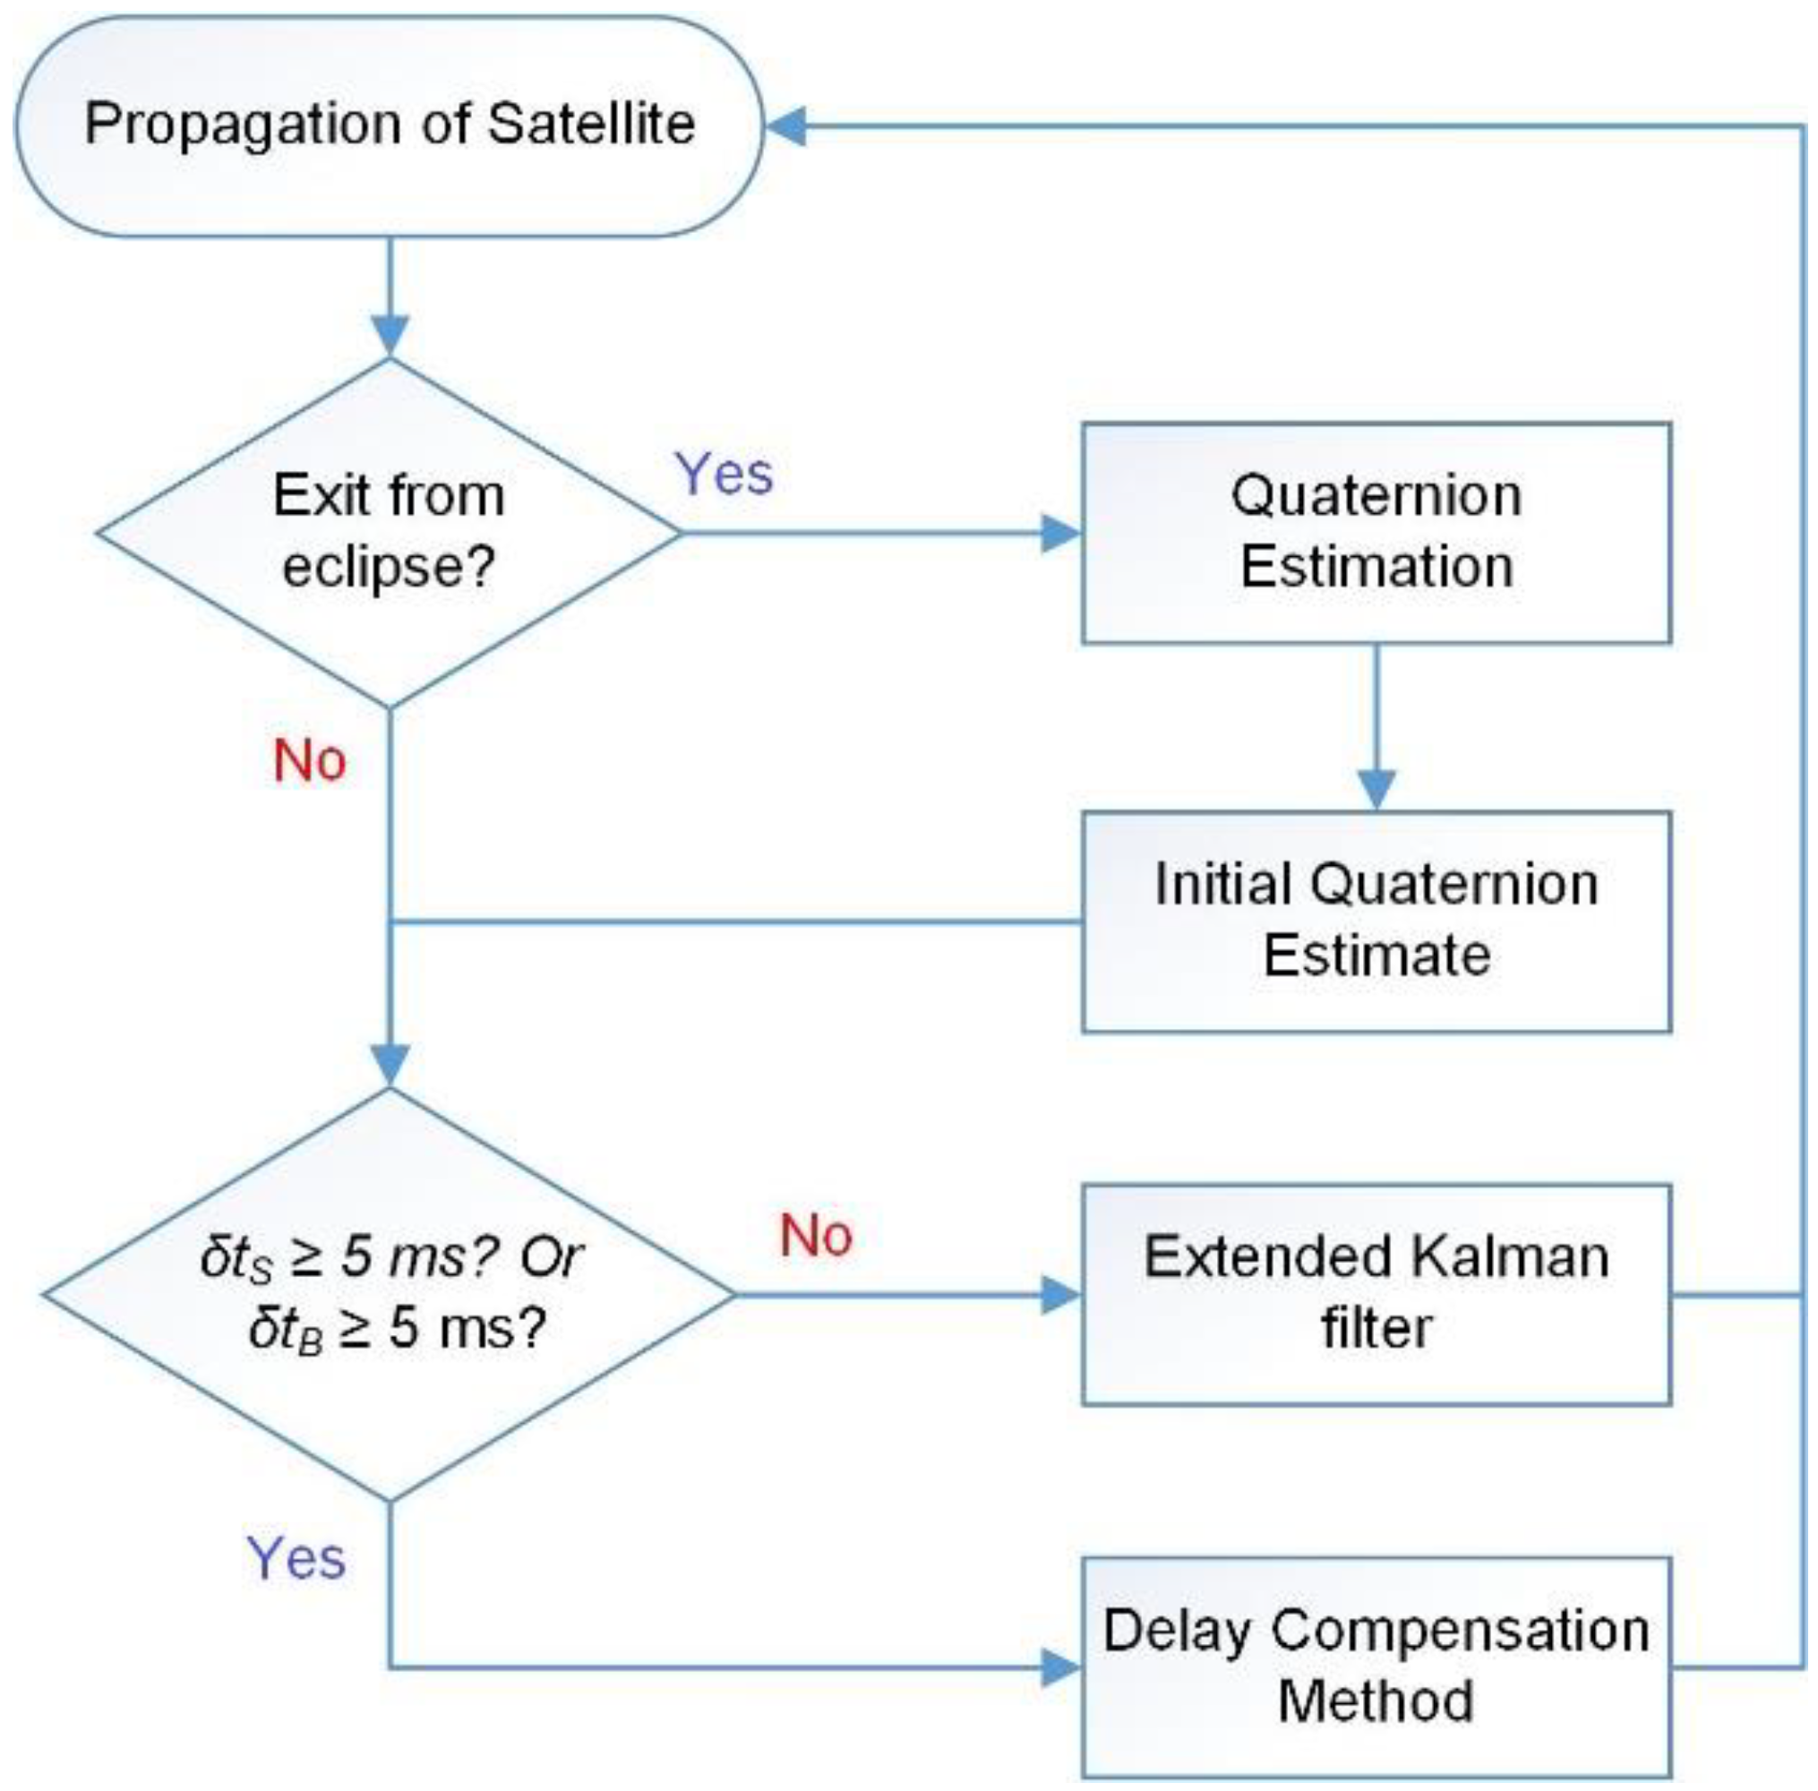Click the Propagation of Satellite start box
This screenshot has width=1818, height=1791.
(x=388, y=125)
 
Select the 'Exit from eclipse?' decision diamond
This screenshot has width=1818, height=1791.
(x=389, y=533)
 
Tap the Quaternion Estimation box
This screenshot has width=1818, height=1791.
(x=1376, y=533)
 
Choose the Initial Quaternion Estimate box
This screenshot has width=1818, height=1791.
(x=1376, y=921)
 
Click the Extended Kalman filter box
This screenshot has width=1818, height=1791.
(x=1376, y=1295)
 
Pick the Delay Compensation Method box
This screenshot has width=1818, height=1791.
(x=1376, y=1667)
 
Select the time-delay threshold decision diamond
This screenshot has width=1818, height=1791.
(x=389, y=1294)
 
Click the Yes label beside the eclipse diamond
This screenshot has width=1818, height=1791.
(x=725, y=473)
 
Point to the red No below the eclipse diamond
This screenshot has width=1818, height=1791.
(x=310, y=760)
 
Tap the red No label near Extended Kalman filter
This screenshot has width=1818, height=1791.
(x=817, y=1235)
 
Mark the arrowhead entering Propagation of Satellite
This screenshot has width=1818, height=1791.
(x=785, y=126)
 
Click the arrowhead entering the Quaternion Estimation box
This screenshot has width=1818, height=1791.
(x=1062, y=534)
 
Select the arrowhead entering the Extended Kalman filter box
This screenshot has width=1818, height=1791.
(x=1062, y=1295)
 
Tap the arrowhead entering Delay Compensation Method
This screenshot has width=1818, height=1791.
(x=1062, y=1668)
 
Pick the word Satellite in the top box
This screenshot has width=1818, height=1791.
(x=592, y=124)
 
